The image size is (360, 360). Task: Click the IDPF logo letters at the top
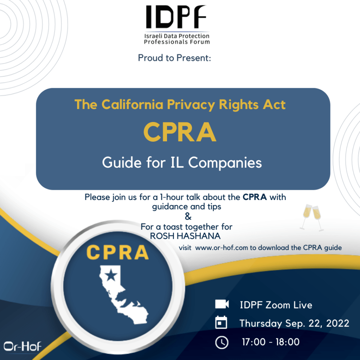(176, 17)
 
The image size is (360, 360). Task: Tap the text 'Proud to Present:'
(174, 58)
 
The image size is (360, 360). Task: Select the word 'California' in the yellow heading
(132, 104)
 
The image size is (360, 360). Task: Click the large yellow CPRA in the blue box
(180, 132)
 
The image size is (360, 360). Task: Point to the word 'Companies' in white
(225, 163)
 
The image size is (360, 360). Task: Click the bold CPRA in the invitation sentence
(255, 197)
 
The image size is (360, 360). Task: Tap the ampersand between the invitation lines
(188, 216)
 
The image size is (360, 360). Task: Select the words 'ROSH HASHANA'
(185, 236)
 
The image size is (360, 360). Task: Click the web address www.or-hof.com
(221, 248)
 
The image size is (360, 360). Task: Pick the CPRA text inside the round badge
(117, 252)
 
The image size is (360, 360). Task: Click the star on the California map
(111, 275)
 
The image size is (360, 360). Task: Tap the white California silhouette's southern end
(140, 321)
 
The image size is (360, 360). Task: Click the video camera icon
(222, 304)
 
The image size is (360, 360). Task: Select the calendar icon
(221, 322)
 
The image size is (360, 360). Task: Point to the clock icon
(222, 342)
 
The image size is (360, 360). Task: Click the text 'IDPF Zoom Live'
(276, 305)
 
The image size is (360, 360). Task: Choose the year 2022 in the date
(337, 323)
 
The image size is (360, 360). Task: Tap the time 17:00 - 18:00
(271, 342)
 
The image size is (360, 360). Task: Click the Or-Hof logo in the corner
(22, 346)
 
